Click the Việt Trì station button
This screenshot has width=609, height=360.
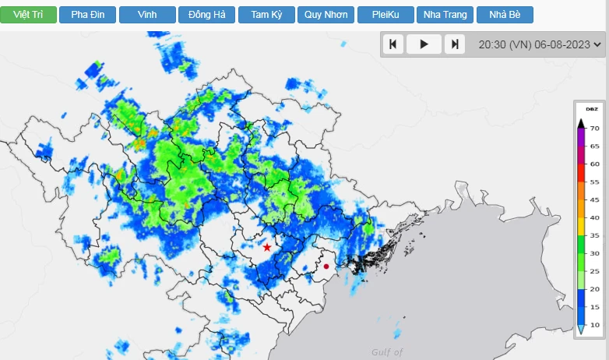click(28, 15)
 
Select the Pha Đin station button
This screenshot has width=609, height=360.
click(87, 15)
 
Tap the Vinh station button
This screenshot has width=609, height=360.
click(146, 15)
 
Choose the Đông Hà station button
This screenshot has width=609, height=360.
click(206, 15)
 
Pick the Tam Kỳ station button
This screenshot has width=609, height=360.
click(266, 15)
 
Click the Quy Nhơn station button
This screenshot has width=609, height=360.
click(326, 15)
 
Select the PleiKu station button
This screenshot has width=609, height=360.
click(385, 15)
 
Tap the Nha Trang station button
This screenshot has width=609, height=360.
click(445, 15)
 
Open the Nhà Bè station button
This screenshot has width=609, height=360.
click(505, 15)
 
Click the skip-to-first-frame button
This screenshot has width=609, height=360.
click(393, 44)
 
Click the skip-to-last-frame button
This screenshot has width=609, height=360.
click(455, 44)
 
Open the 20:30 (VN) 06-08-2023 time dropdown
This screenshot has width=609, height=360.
click(540, 44)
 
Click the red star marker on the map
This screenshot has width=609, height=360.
click(267, 247)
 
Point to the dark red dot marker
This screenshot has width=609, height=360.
click(326, 266)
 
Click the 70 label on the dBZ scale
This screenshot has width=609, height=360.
click(594, 129)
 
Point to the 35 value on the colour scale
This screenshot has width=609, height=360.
click(594, 235)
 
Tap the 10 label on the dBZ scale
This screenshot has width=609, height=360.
click(594, 325)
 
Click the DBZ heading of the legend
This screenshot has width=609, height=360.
click(591, 109)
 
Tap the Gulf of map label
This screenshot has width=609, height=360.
click(387, 352)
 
